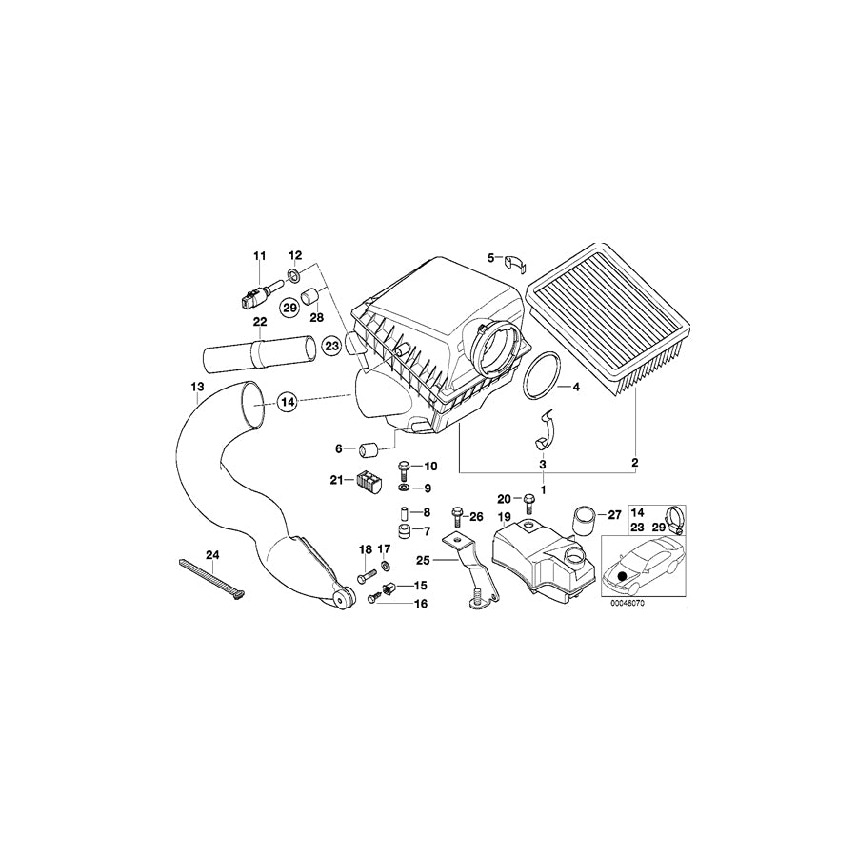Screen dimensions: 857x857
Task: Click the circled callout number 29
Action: pyautogui.click(x=289, y=308)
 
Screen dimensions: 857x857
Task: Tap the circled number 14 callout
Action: pyautogui.click(x=288, y=402)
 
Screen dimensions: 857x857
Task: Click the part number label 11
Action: pyautogui.click(x=259, y=255)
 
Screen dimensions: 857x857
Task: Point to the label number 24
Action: pyautogui.click(x=212, y=555)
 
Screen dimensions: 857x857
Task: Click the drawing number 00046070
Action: pyautogui.click(x=628, y=604)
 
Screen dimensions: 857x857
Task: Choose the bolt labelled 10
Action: pyautogui.click(x=402, y=468)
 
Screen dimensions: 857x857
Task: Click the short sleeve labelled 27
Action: pyautogui.click(x=583, y=520)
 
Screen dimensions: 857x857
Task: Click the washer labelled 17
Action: pyautogui.click(x=386, y=564)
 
